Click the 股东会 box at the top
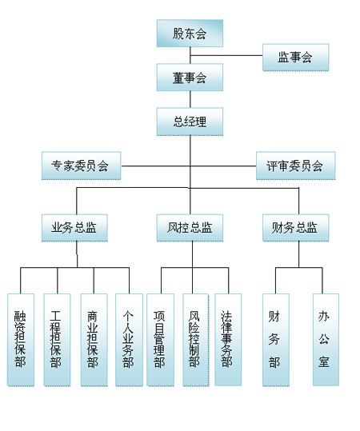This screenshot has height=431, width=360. [190, 34]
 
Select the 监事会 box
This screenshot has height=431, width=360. [296, 58]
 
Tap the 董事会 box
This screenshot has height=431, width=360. [190, 78]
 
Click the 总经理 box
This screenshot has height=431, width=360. [190, 122]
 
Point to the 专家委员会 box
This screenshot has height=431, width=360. [81, 166]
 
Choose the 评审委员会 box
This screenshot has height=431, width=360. [296, 166]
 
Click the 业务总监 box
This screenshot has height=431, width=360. [74, 228]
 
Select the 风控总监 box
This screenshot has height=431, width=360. [190, 228]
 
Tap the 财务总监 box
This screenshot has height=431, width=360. [296, 228]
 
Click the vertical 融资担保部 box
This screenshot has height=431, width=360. [21, 340]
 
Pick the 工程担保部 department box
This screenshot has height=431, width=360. [58, 340]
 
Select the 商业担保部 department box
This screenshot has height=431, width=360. [94, 340]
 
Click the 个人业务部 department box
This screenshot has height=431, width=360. [129, 340]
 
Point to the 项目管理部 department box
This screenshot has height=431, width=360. [160, 340]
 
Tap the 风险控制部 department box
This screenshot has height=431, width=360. [196, 340]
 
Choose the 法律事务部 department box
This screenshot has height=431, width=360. [228, 340]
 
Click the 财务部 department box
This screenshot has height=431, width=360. [276, 340]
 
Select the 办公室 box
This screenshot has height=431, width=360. [326, 340]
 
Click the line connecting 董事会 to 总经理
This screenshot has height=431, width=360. [190, 99]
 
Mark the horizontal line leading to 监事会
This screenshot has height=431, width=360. [226, 55]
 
